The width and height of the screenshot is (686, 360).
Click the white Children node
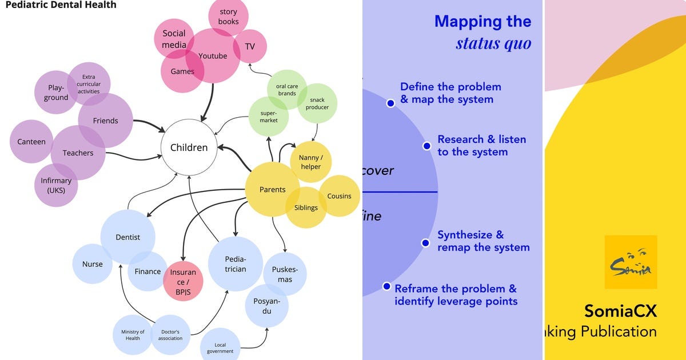pyautogui.click(x=189, y=147)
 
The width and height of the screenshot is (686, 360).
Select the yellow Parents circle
pyautogui.click(x=272, y=190)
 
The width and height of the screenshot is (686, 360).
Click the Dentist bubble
pyautogui.click(x=127, y=237)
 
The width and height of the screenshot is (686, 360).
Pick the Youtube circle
pyautogui.click(x=213, y=56)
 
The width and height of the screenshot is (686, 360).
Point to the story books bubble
pyautogui.click(x=228, y=17)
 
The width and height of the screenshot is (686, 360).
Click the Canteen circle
pyautogui.click(x=31, y=142)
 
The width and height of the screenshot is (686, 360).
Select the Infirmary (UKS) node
pyautogui.click(x=56, y=185)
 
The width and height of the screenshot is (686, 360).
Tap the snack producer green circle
pyautogui.click(x=317, y=103)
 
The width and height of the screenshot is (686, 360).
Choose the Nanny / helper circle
pyautogui.click(x=311, y=162)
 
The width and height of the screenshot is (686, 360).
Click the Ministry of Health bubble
pyautogui.click(x=133, y=335)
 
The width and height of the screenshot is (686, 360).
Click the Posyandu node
pyautogui.click(x=266, y=306)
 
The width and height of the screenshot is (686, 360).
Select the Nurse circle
pyautogui.click(x=93, y=264)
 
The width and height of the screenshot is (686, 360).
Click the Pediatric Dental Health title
pyautogui.click(x=61, y=5)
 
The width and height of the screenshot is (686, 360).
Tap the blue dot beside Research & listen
pyautogui.click(x=426, y=146)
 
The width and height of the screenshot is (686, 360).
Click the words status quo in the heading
pyautogui.click(x=493, y=43)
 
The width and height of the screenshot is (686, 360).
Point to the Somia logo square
pyautogui.click(x=631, y=262)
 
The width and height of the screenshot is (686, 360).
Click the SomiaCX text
pyautogui.click(x=620, y=311)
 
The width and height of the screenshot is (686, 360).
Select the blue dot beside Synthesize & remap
pyautogui.click(x=426, y=243)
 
